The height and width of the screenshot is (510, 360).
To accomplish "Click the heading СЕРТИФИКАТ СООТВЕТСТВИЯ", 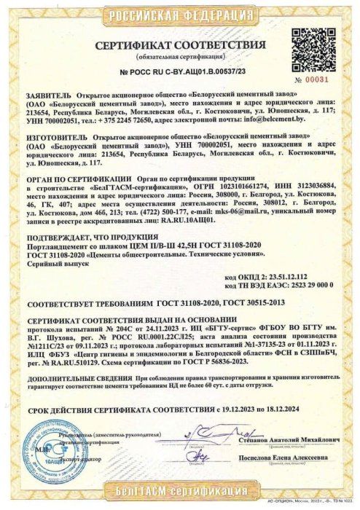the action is [x=179, y=45].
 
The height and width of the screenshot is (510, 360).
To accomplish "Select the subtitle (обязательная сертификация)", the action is [x=179, y=57].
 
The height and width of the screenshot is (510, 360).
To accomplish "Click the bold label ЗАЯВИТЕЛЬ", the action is [x=48, y=96].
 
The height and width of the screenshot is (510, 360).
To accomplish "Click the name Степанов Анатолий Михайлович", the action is [x=289, y=441].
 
